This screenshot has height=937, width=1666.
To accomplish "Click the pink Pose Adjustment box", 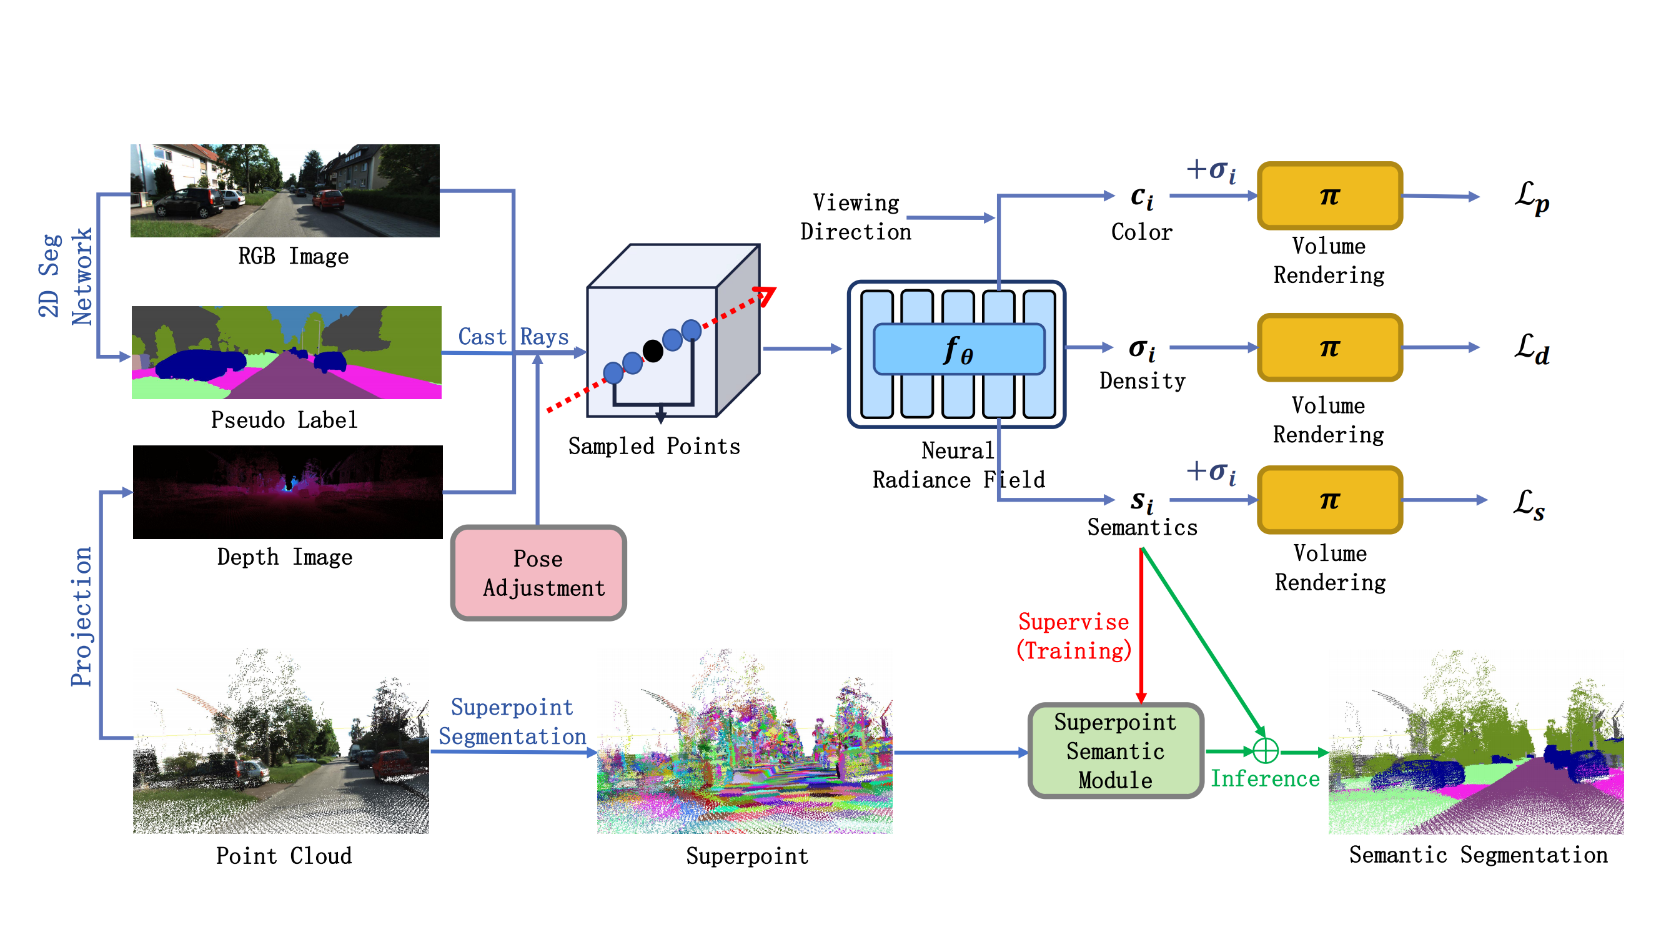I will point(538,572).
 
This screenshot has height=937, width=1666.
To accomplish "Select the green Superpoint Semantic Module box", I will point(1115,750).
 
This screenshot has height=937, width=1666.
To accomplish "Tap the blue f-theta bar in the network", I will point(958,349).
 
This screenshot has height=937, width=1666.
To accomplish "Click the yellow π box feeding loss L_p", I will point(1329,196).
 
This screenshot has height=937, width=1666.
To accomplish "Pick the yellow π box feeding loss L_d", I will point(1329,347).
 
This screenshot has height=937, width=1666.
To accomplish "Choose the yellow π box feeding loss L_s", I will point(1329,499).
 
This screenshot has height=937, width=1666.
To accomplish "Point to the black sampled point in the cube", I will point(653,351).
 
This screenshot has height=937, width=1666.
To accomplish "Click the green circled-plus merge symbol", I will point(1265,750).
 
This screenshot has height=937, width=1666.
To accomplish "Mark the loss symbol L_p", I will point(1532,197).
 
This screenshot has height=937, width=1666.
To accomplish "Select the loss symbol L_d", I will point(1532,349).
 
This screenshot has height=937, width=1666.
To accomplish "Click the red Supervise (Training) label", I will point(1074,637).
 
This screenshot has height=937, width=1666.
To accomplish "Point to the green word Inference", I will point(1264,778).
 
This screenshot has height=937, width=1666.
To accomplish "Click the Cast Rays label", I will point(513,337).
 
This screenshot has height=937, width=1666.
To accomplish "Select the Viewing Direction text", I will point(856,217).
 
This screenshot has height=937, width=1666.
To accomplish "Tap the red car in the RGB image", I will point(329,199).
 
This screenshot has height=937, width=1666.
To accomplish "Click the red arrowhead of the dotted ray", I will point(766,295).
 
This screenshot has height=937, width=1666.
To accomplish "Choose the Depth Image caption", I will point(285,557).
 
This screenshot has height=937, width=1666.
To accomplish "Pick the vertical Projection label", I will point(81,617).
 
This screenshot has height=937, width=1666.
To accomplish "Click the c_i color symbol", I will point(1141,197).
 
